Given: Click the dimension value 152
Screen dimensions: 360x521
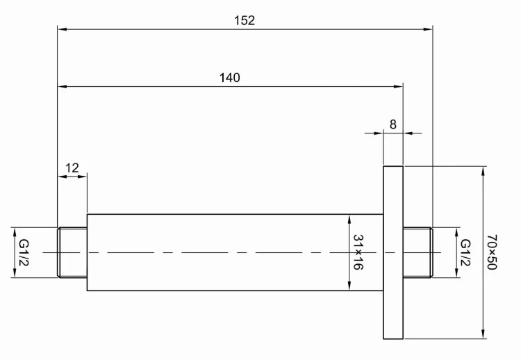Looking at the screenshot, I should tap(245, 20).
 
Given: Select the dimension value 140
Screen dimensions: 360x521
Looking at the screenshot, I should tap(229, 78).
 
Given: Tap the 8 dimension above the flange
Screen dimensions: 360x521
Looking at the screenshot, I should tap(393, 124).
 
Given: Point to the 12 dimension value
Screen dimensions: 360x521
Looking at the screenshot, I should tap(72, 167).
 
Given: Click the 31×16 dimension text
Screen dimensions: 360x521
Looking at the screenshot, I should tap(358, 252).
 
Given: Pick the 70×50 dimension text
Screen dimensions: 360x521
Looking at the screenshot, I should tap(493, 253).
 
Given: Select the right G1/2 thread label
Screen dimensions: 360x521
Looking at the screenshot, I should tap(465, 253).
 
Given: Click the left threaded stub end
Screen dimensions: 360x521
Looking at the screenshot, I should tap(72, 253).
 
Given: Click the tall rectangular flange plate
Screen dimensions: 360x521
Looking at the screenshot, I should tap(393, 253).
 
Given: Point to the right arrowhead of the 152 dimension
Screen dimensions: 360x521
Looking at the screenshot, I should tap(428, 29).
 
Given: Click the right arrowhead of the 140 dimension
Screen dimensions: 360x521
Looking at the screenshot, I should tap(398, 86).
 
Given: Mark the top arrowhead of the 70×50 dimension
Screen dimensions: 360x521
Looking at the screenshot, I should tap(482, 170).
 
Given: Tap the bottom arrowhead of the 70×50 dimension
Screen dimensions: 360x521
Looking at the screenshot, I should tap(482, 336).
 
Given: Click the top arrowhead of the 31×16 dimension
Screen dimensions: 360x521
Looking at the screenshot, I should tap(349, 219).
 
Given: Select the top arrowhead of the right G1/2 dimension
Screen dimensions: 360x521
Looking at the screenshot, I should tap(456, 231).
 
